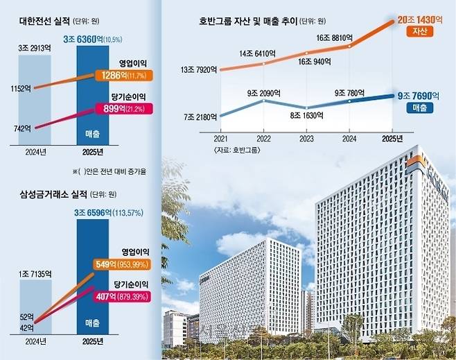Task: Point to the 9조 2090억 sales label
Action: (264, 94)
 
